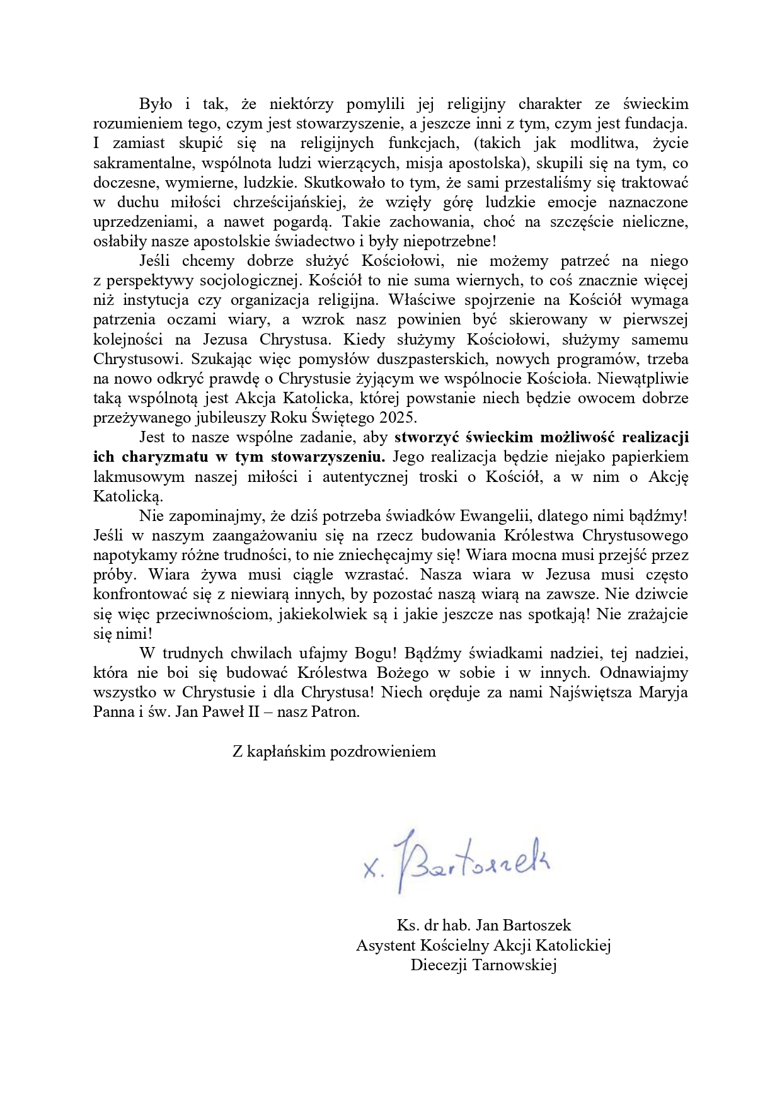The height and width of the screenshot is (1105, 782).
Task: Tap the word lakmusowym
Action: pos(139,478)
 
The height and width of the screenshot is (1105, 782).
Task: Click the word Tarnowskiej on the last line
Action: pos(515,965)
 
